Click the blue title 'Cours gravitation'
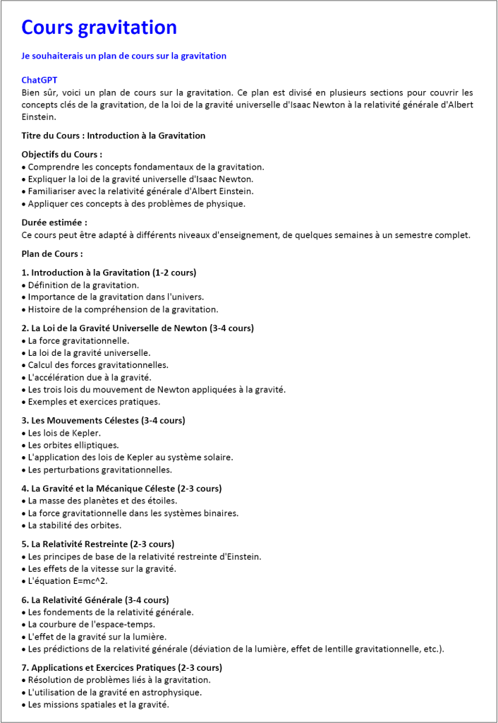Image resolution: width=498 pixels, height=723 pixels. click(99, 28)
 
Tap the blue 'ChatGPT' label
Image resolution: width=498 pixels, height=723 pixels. click(40, 80)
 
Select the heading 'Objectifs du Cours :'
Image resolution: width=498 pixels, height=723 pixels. click(62, 154)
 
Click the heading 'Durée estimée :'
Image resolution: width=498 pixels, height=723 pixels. click(54, 222)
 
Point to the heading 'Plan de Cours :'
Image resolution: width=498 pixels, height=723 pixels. click(52, 253)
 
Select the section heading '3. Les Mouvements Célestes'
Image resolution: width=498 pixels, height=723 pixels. click(104, 420)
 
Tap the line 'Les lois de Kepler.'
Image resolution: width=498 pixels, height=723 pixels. click(64, 433)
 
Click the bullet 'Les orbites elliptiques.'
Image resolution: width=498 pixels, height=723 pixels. click(73, 445)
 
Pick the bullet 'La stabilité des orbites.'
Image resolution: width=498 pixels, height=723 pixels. click(74, 525)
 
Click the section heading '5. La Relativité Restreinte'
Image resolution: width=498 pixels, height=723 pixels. click(98, 544)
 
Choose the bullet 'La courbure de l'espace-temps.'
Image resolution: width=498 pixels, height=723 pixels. click(91, 624)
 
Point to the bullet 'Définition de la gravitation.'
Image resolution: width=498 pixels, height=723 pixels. click(83, 285)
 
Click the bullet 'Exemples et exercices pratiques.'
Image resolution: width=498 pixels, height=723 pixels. click(94, 402)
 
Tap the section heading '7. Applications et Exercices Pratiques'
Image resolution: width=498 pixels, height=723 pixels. click(122, 667)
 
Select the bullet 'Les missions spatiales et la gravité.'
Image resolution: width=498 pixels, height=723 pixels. click(98, 704)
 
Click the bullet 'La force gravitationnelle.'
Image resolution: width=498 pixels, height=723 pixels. click(78, 340)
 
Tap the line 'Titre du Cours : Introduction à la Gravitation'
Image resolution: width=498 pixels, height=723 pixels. click(114, 135)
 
